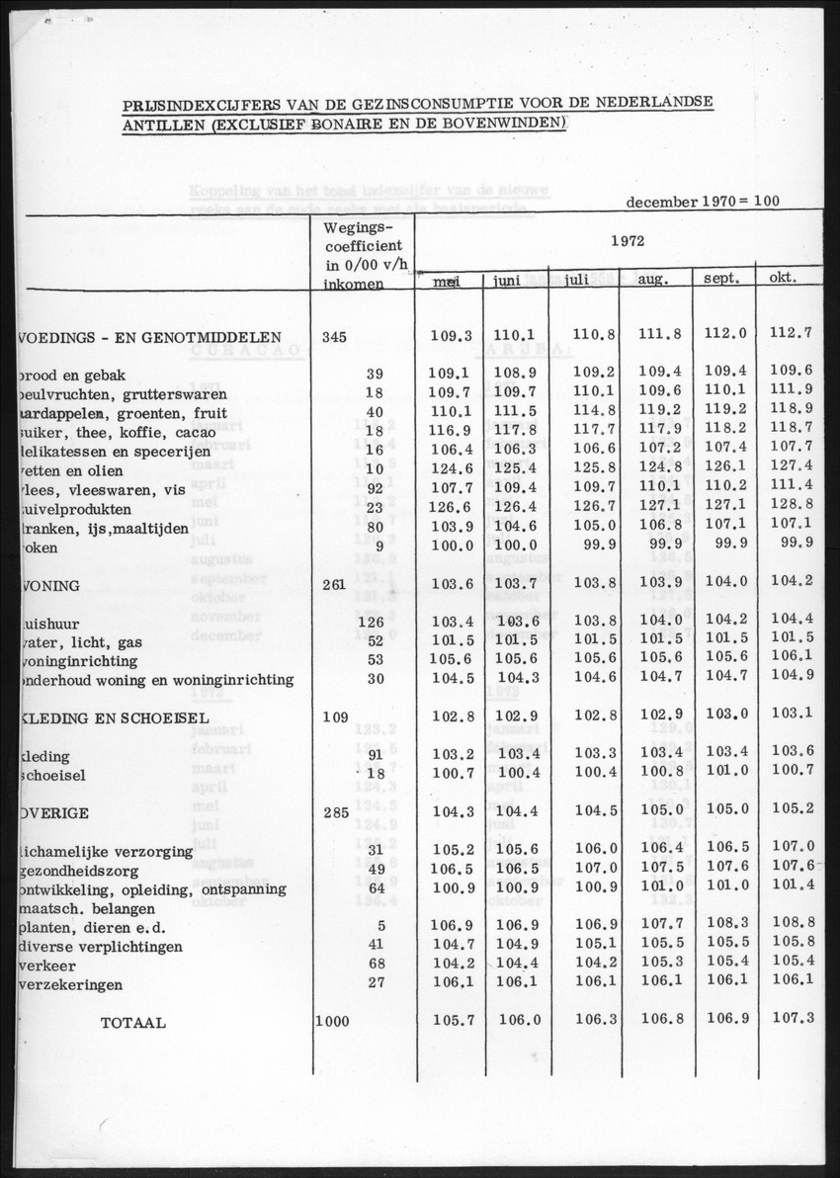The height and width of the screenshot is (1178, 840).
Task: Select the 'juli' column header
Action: pyautogui.click(x=575, y=280)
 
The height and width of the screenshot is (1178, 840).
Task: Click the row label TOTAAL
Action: pyautogui.click(x=132, y=1023)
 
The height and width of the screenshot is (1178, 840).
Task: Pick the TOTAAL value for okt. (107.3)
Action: pyautogui.click(x=793, y=1017)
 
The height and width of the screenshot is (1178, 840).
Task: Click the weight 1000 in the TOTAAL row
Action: pyautogui.click(x=332, y=1021)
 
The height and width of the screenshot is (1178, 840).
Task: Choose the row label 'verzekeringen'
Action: pyautogui.click(x=69, y=984)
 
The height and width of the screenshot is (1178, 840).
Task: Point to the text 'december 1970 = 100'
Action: pyautogui.click(x=702, y=201)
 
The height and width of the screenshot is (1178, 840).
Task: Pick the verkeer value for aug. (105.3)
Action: pyautogui.click(x=660, y=962)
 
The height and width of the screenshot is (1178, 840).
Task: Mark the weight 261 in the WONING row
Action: pyautogui.click(x=333, y=584)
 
